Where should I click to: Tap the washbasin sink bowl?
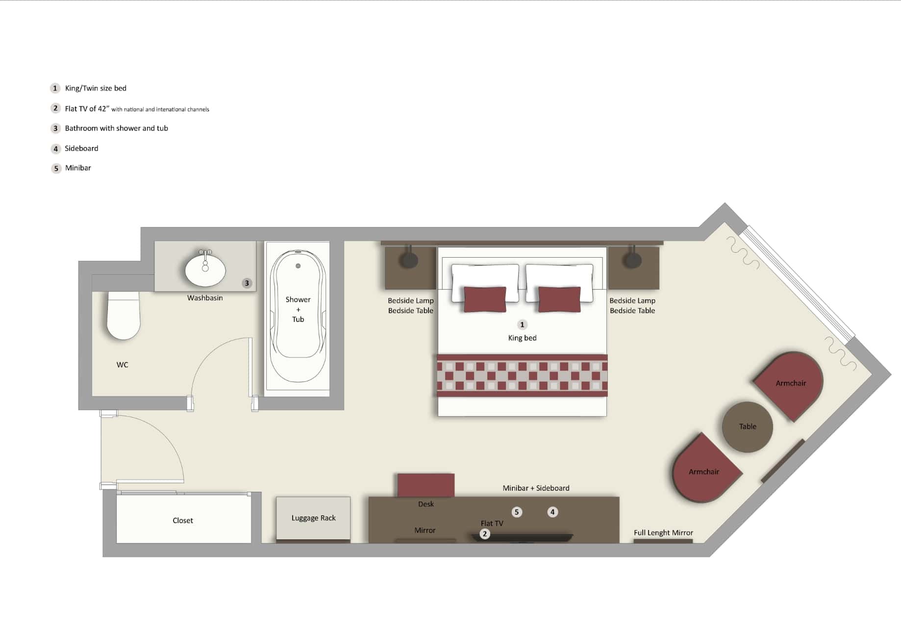[205, 270]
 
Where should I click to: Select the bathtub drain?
[298, 266]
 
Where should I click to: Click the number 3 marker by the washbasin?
[247, 283]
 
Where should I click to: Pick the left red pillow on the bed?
[485, 299]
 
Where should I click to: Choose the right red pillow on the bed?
[559, 299]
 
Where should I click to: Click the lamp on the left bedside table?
[408, 259]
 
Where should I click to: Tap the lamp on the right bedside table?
[632, 259]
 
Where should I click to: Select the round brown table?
[748, 427]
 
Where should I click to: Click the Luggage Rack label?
[314, 518]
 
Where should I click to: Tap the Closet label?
[183, 521]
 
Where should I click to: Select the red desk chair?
[426, 485]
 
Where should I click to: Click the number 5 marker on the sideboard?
[517, 512]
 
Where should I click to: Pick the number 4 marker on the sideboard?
[552, 512]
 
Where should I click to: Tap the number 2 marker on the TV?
[485, 534]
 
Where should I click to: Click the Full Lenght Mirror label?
[663, 533]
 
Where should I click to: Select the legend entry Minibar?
[78, 168]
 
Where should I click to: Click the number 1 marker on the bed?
[522, 324]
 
